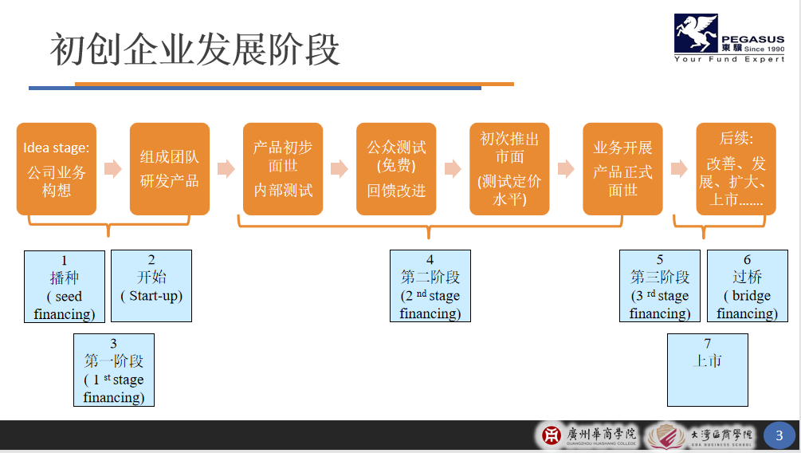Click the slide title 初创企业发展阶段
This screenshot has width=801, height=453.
point(195,49)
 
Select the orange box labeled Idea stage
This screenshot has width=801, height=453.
point(56,169)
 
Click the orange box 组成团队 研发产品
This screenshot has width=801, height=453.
point(169,169)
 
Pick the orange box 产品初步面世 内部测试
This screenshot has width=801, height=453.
point(283,169)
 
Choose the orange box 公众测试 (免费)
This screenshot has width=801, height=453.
point(396,169)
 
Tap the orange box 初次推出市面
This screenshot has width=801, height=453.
point(509,169)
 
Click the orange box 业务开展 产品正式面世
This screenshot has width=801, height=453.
point(622,169)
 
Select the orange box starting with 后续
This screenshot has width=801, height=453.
point(736,169)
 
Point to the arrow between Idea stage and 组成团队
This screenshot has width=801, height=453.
point(112,169)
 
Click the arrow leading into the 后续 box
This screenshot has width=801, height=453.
point(679,169)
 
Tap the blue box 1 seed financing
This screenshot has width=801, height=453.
point(65,286)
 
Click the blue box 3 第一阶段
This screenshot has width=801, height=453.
point(114,370)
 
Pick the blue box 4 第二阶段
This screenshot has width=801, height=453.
point(430,286)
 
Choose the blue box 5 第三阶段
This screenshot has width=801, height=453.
point(660,286)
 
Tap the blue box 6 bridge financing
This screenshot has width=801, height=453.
point(747,286)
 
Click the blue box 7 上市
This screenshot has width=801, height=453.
point(708,370)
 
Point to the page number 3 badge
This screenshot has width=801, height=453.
point(779,435)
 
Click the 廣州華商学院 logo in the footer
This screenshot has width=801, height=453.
point(590,435)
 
